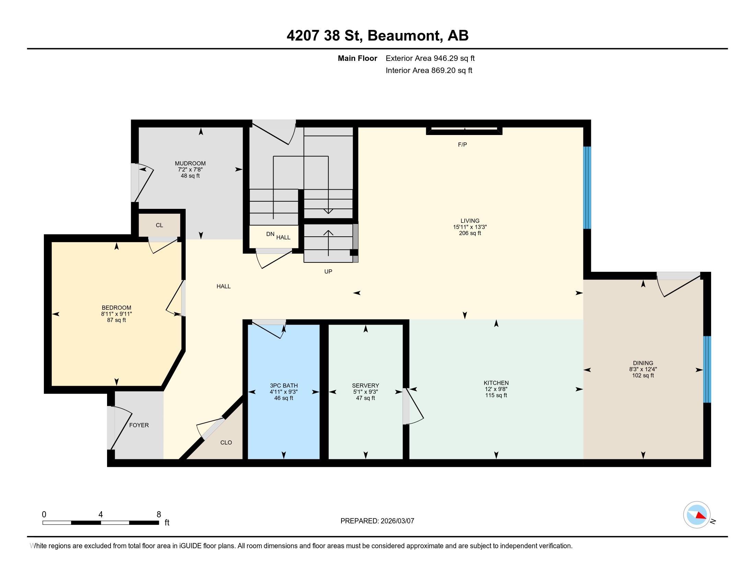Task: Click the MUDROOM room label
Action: coord(190,163)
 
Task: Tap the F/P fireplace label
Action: coord(462,145)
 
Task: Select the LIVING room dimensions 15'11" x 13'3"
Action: coord(470,227)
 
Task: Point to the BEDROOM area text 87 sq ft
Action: coord(116,320)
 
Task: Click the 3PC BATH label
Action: coord(283,385)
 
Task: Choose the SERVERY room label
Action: coord(365,385)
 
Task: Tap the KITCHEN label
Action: coord(496,383)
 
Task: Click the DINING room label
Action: coord(643,363)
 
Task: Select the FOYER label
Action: coord(139,425)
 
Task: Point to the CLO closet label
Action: coord(226,442)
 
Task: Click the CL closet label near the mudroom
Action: coord(159,225)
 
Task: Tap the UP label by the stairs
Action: coord(328,272)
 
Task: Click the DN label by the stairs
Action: coord(270,234)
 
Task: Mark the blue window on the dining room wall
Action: coord(707,369)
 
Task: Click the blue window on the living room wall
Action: coord(587,188)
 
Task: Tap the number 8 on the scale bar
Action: coord(159,515)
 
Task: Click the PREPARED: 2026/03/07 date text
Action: coord(377,521)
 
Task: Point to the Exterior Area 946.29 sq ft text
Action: coord(430,58)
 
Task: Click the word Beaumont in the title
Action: coord(405,36)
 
